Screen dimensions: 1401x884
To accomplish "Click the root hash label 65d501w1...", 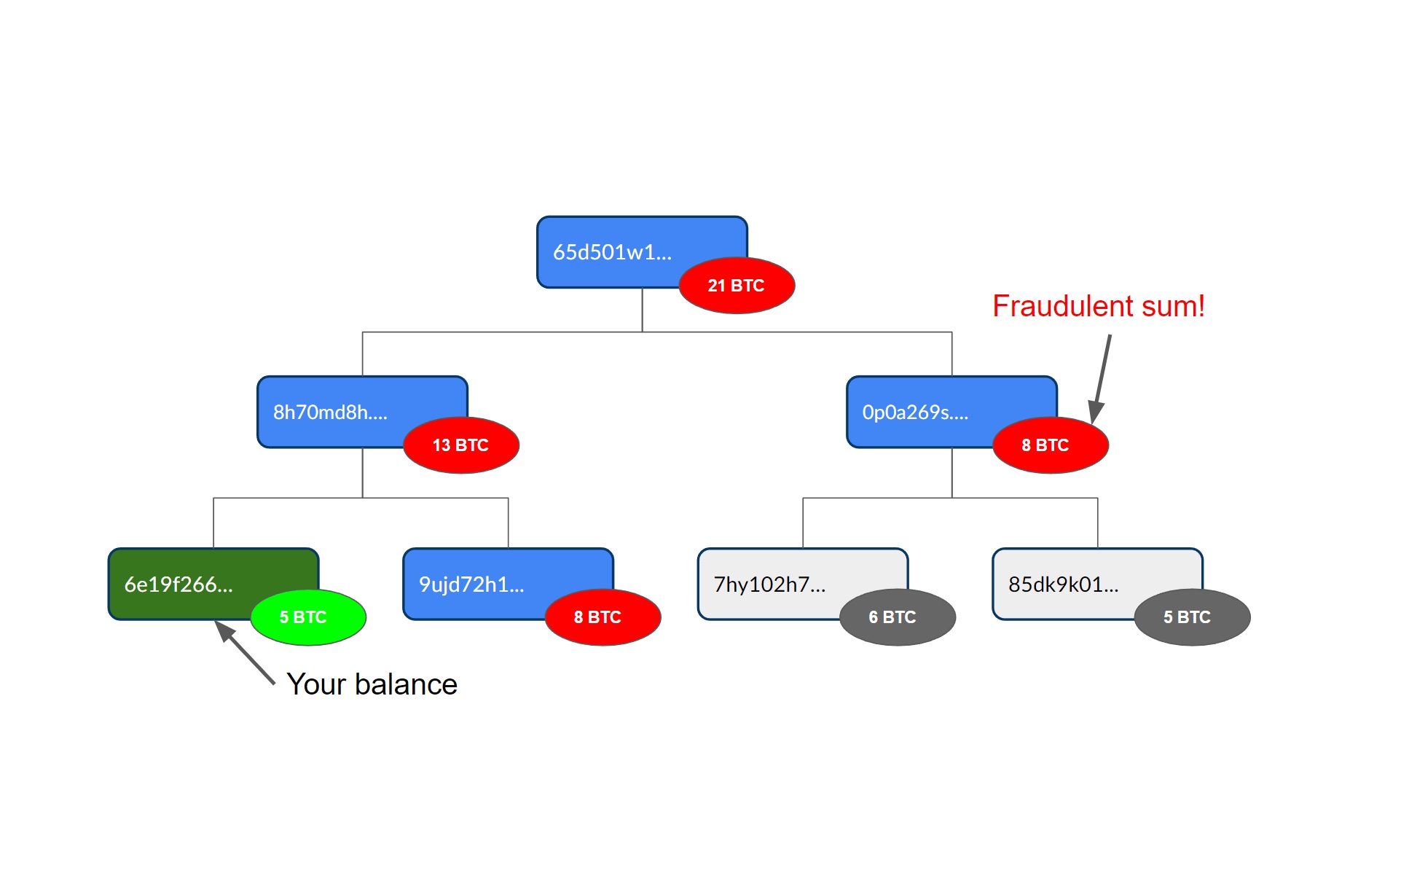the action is [x=612, y=252].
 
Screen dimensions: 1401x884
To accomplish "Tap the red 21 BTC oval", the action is [x=737, y=285].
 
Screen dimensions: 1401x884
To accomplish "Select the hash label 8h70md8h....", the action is [x=330, y=412].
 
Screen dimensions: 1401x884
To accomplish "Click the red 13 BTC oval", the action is [x=461, y=445].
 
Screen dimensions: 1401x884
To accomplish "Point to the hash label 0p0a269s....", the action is [x=915, y=412].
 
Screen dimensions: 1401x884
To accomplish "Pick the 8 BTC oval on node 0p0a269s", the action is [x=1051, y=445].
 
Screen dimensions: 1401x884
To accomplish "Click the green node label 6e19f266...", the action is [x=178, y=584].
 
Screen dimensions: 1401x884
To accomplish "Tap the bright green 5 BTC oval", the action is [x=308, y=617].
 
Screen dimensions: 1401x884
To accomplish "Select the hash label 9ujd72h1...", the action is [x=471, y=584].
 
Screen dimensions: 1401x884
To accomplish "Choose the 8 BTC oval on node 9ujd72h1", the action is [x=603, y=617].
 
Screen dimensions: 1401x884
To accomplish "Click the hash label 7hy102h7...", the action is [x=769, y=584].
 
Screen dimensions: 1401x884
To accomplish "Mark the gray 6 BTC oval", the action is [x=898, y=617].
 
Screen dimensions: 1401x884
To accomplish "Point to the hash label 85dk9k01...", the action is [x=1064, y=584].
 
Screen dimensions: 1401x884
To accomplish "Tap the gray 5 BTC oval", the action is [x=1193, y=617].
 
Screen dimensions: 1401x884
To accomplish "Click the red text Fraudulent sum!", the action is [x=1099, y=306].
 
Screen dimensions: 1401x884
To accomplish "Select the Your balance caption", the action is [x=372, y=684].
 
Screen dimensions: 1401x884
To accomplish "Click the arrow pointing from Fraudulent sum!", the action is [x=1101, y=379].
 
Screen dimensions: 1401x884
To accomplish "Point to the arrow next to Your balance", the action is [x=245, y=653].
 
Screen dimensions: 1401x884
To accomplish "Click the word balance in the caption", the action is [x=406, y=684].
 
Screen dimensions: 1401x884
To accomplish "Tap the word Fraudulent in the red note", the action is [x=1063, y=306].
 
